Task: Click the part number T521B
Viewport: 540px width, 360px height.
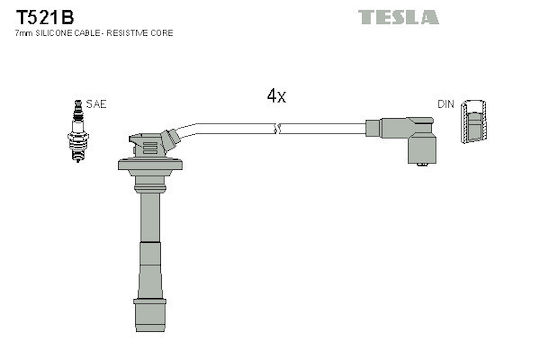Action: click(x=45, y=17)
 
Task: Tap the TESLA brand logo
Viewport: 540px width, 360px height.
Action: click(x=398, y=17)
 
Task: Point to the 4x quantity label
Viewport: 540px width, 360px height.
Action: click(x=276, y=96)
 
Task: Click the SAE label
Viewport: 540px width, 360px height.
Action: click(x=96, y=104)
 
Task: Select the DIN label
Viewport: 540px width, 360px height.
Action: click(x=446, y=104)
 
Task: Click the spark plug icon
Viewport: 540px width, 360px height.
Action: click(x=78, y=131)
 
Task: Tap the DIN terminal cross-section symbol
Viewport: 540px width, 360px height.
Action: click(x=474, y=122)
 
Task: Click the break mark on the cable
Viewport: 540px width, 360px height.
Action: click(x=277, y=128)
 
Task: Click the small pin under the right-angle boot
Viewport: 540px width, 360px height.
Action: click(x=422, y=165)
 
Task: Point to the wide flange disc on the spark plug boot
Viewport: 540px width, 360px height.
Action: click(x=150, y=164)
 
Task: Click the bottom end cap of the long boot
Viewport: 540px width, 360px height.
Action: click(x=150, y=315)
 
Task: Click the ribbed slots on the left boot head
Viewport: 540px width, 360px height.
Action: click(x=150, y=148)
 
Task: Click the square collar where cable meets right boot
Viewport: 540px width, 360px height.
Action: click(x=373, y=128)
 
